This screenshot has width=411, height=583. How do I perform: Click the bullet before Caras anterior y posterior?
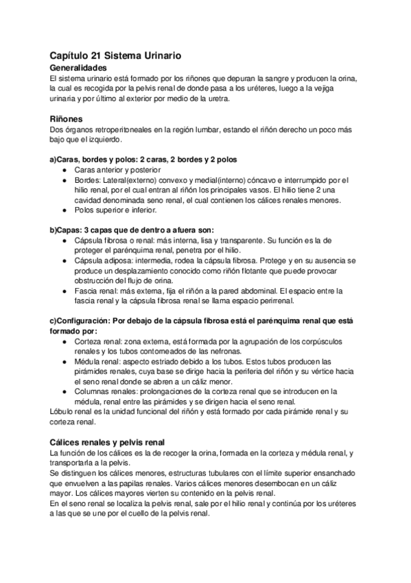pos(64,170)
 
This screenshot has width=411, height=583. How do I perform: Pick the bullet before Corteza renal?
pos(64,341)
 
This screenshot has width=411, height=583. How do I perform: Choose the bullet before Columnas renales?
pos(64,391)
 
